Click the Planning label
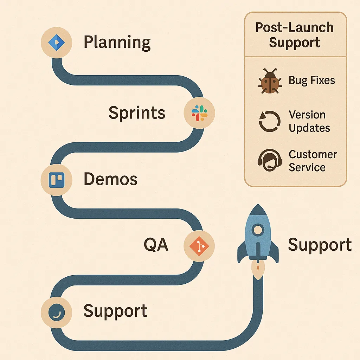click(x=117, y=43)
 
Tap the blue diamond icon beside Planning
click(x=56, y=42)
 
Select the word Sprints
click(x=137, y=113)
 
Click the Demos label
click(x=110, y=179)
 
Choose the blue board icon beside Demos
click(x=56, y=180)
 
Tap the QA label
click(x=156, y=245)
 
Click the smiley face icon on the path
click(x=56, y=311)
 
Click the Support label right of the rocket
click(x=320, y=245)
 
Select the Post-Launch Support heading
click(x=295, y=35)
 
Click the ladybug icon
click(x=269, y=82)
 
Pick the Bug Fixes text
click(x=311, y=81)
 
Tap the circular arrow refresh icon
click(x=269, y=122)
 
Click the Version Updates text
click(x=309, y=121)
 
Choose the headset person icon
click(x=269, y=161)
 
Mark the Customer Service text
click(x=313, y=161)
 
